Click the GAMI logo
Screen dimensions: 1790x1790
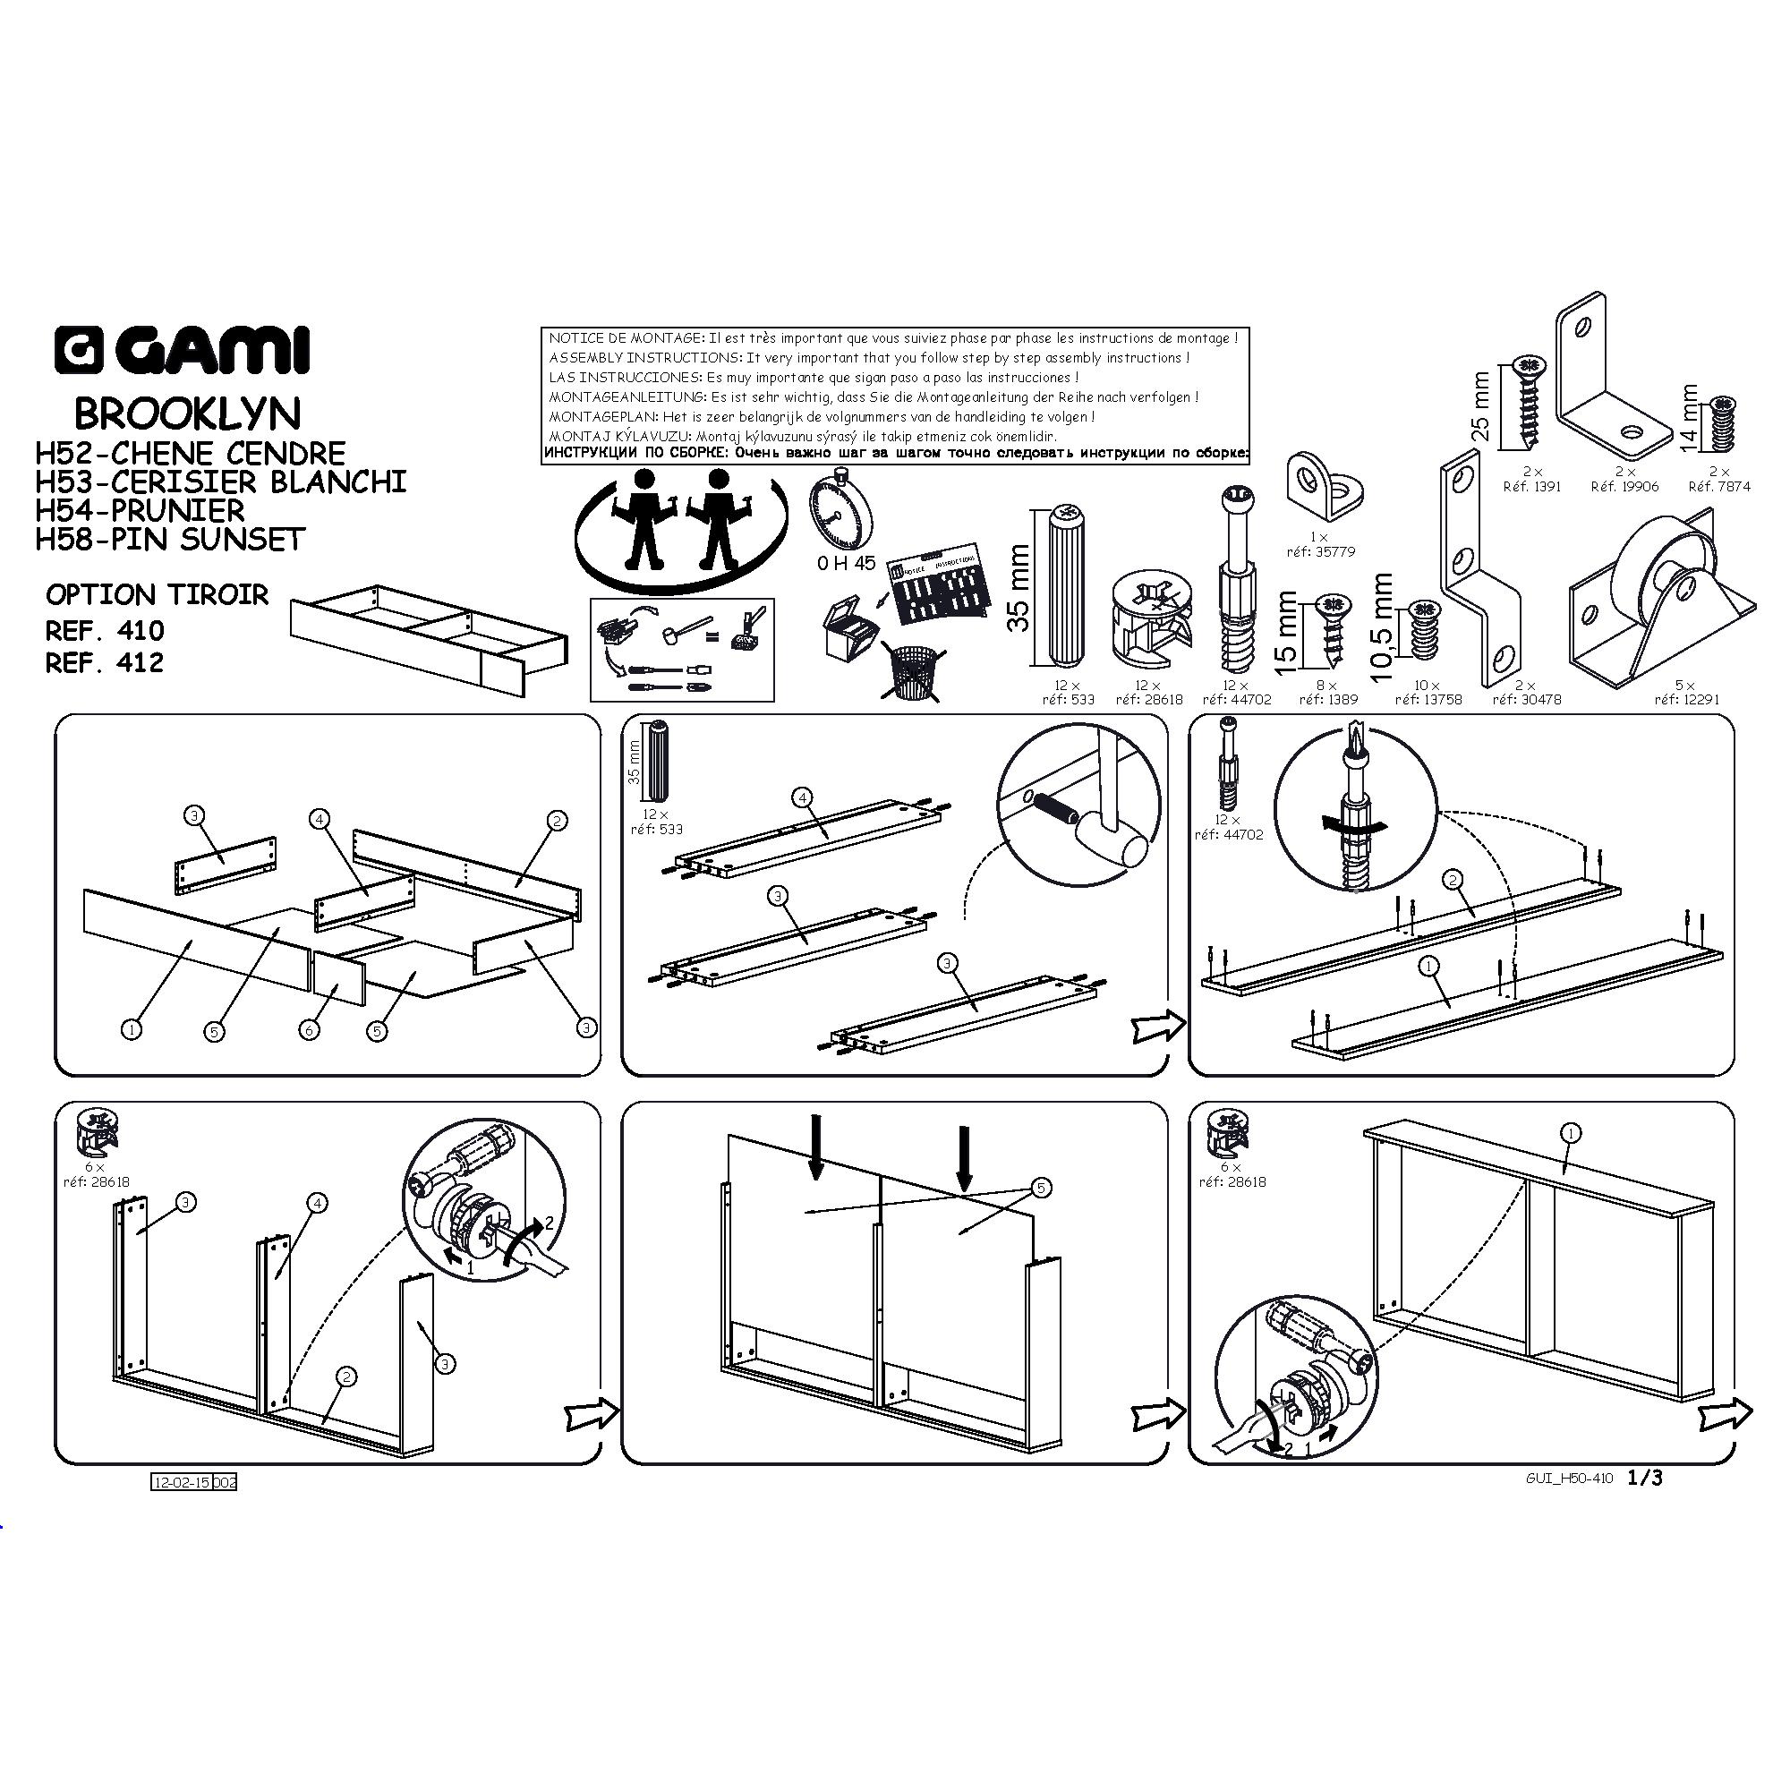click(x=181, y=351)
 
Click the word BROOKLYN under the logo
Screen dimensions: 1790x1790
click(x=187, y=413)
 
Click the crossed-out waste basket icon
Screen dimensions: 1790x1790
click(x=914, y=673)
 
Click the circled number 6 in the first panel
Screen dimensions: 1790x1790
click(x=310, y=1029)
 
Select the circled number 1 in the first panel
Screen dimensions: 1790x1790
click(x=132, y=1028)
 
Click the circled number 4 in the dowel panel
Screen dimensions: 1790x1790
click(x=801, y=797)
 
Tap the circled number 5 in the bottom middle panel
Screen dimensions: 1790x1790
click(x=1042, y=1187)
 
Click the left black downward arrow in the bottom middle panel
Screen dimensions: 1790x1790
click(x=815, y=1147)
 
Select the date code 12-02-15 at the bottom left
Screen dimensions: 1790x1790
click(x=182, y=1481)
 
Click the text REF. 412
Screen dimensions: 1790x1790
click(x=105, y=662)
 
